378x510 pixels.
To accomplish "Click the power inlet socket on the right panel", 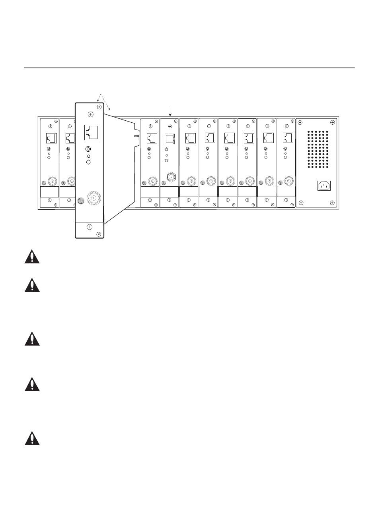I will (324, 185).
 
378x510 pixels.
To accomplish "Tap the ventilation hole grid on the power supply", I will (318, 149).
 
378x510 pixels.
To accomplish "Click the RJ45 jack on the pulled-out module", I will (92, 132).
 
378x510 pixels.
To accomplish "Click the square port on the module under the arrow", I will (170, 138).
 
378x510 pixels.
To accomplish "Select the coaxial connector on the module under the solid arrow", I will (171, 177).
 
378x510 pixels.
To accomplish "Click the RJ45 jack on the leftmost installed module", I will (52, 138).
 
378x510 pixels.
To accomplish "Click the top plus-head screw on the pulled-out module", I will (90, 114).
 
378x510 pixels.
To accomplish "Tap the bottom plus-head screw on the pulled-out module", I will (90, 227).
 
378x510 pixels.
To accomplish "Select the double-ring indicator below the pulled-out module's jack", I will (88, 149).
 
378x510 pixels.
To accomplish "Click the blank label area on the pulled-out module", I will (90, 214).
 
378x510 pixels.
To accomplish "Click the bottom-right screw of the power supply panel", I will (332, 203).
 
